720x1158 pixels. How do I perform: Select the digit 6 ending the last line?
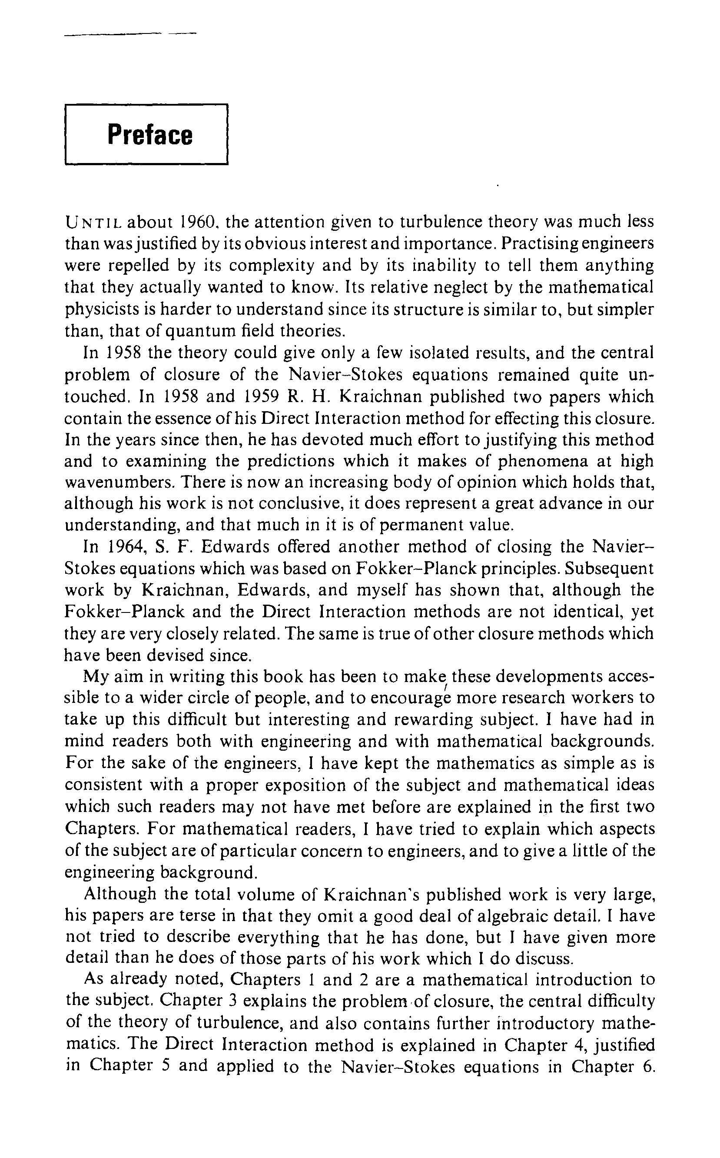click(x=650, y=1066)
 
